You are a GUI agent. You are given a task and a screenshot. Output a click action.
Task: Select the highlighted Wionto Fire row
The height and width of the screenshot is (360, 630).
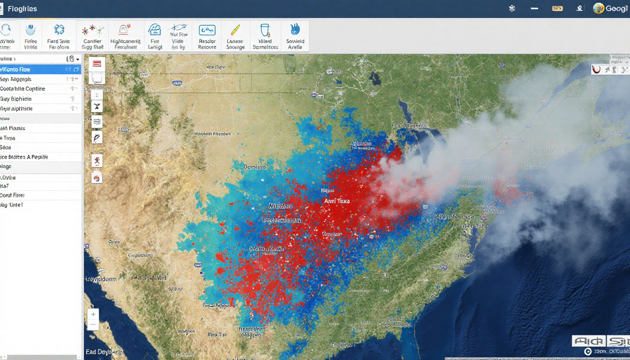28,69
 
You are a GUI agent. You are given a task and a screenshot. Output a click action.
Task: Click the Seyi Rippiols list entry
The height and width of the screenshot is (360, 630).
28,79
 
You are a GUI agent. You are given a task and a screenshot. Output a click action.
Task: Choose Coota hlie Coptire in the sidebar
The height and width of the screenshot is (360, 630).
28,89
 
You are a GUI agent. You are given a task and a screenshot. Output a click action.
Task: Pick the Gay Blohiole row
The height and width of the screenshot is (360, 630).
28,99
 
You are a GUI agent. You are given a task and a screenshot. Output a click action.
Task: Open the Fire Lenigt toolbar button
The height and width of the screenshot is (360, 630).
155,36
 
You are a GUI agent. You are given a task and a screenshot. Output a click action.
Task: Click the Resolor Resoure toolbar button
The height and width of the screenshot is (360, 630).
207,36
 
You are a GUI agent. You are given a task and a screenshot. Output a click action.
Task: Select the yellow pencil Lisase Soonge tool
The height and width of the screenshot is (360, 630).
235,36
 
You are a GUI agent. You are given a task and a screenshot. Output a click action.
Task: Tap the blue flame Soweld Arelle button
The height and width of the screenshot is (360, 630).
295,36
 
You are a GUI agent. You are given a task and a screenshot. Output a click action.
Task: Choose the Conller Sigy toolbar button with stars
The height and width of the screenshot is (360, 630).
92,36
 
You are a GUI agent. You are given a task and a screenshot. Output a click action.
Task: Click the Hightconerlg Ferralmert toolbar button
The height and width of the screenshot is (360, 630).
125,36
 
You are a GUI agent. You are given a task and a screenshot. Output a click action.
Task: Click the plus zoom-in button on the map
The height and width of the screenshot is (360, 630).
93,315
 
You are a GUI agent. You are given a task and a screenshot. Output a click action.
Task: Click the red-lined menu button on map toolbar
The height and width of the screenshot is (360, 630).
97,63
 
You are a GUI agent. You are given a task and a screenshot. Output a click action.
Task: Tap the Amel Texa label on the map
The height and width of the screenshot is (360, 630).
337,201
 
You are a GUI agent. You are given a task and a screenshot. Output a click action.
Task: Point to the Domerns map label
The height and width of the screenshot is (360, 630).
255,167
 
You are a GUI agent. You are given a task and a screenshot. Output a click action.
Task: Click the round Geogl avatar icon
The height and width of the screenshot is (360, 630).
598,8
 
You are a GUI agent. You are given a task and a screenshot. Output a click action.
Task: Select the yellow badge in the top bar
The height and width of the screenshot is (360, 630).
557,8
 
